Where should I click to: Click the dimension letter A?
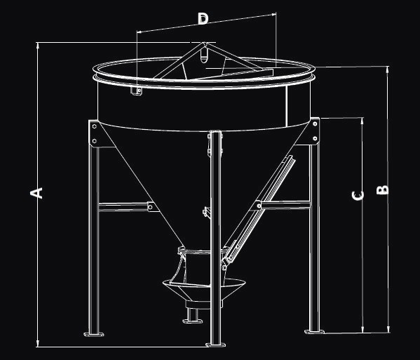point(36,193)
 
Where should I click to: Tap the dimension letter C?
point(358,196)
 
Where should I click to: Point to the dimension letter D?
point(203,19)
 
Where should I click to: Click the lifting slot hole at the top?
point(204,55)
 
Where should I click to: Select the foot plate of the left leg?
point(94,334)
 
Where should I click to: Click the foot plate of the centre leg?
point(216,345)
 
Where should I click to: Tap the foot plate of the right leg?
point(314,332)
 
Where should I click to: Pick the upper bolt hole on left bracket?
point(94,126)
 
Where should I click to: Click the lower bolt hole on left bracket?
point(94,141)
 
